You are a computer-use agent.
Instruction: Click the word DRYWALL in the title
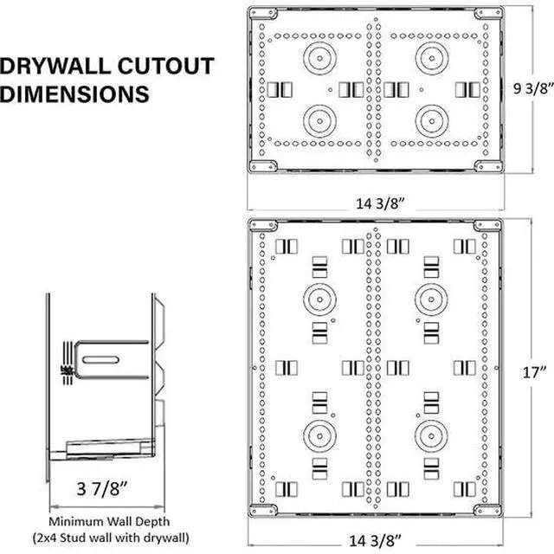(55, 66)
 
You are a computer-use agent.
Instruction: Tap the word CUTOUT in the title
(165, 66)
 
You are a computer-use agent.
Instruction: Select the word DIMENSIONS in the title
(74, 94)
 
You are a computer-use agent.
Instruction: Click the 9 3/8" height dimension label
(533, 88)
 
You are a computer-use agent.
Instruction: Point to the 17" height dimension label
(534, 372)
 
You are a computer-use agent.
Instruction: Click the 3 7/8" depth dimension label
(102, 488)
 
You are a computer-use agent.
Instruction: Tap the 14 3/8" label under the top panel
(379, 203)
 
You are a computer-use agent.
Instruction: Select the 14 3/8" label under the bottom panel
(375, 540)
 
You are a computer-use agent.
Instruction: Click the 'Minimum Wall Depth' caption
(109, 521)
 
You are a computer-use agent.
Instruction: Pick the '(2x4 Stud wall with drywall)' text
(111, 538)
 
